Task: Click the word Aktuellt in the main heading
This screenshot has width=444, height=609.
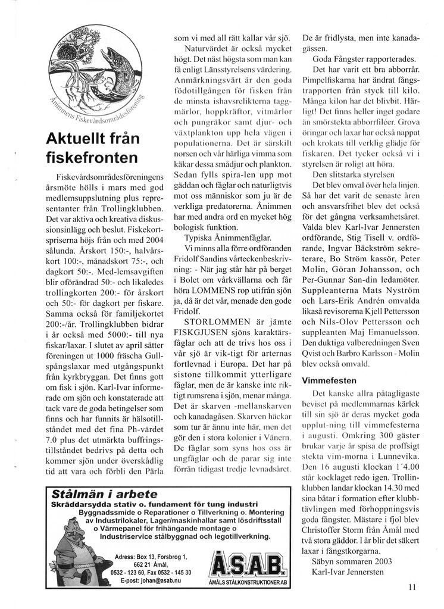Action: click(76, 138)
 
